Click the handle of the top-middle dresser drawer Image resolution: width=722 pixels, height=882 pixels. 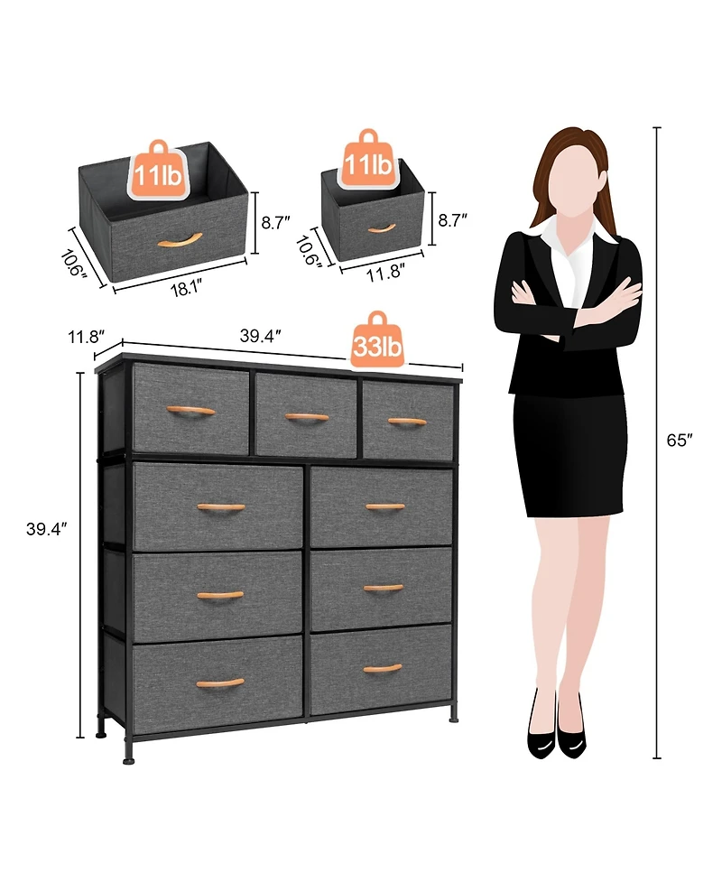pyautogui.click(x=307, y=417)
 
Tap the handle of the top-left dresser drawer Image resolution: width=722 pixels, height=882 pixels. pyautogui.click(x=191, y=411)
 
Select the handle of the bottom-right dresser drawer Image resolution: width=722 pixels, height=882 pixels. pyautogui.click(x=383, y=669)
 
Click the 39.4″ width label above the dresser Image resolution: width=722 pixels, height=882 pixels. pyautogui.click(x=261, y=335)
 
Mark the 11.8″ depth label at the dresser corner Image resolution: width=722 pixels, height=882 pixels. pyautogui.click(x=86, y=336)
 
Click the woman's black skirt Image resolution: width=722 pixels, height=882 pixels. pyautogui.click(x=569, y=456)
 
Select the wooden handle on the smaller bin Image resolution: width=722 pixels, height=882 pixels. pyautogui.click(x=382, y=227)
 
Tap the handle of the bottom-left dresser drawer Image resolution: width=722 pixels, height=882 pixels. pyautogui.click(x=220, y=683)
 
